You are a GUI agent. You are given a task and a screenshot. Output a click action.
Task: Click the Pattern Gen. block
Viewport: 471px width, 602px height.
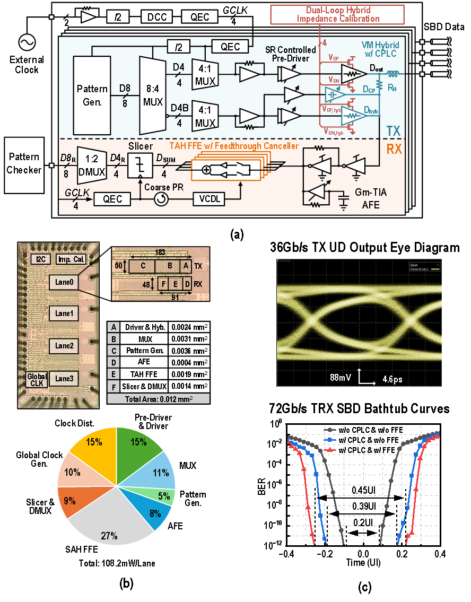click(x=92, y=95)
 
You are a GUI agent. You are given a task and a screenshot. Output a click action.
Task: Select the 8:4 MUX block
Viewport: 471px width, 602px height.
click(x=153, y=95)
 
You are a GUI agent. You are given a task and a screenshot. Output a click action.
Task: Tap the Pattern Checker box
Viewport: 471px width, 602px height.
click(x=24, y=164)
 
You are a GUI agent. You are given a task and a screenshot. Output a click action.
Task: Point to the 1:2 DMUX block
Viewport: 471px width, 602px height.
click(x=92, y=164)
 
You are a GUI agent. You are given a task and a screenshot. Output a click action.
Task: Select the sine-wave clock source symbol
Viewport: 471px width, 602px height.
click(x=27, y=42)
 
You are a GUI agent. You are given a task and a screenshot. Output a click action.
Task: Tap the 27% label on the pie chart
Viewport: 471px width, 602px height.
click(x=109, y=536)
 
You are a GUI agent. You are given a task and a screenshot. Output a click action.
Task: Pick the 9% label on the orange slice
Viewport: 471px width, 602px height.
click(x=69, y=500)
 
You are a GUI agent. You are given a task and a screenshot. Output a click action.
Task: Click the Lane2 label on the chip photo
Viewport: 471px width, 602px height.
click(x=64, y=346)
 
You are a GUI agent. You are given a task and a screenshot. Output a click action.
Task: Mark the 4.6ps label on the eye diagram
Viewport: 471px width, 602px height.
click(x=394, y=379)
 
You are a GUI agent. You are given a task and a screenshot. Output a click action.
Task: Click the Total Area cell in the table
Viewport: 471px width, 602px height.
click(x=158, y=399)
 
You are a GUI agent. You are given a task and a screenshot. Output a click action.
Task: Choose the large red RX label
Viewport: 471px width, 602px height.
click(x=394, y=149)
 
